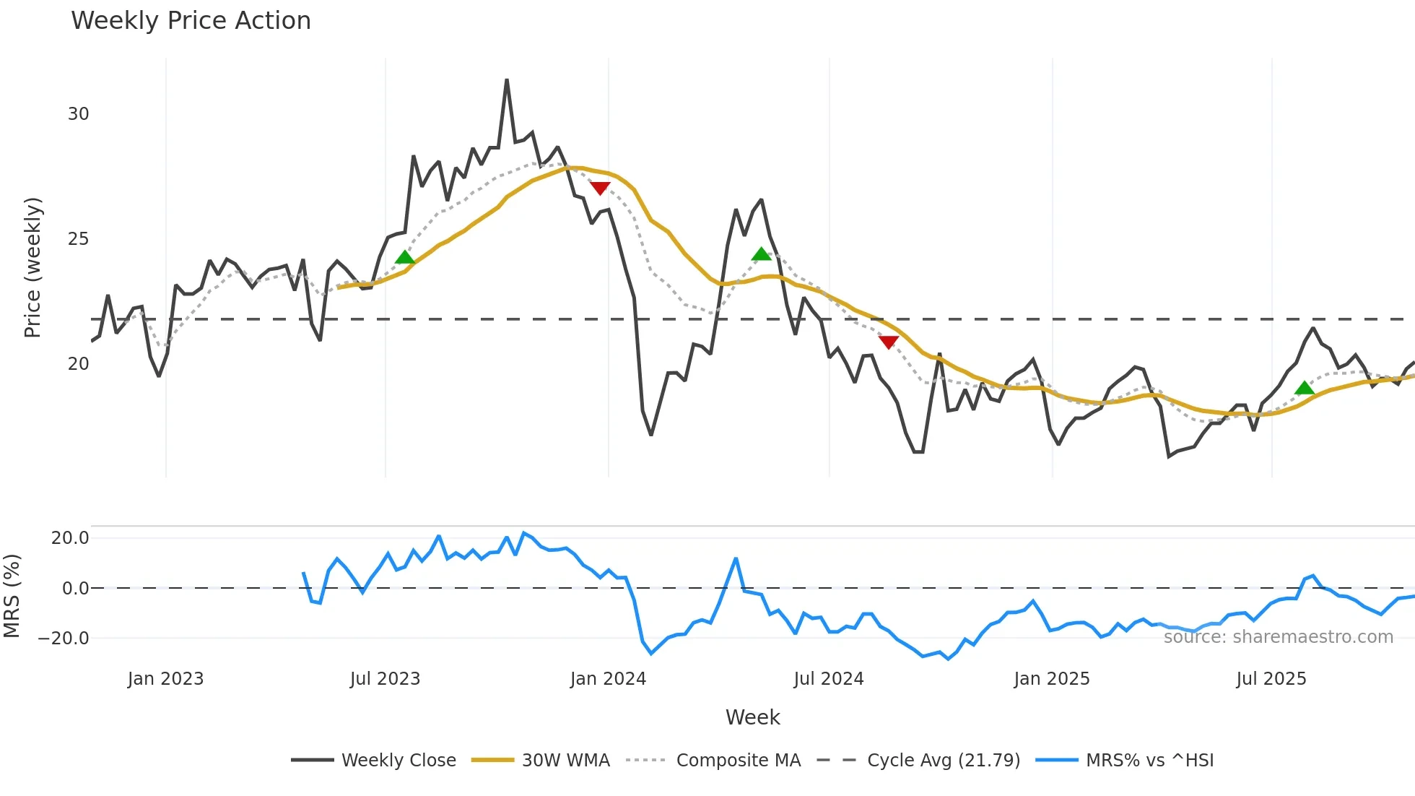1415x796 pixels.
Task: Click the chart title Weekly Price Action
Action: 191,21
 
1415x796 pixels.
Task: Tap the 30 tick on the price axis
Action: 78,114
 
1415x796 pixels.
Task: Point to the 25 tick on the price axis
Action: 78,239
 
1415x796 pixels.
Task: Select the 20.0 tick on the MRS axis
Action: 70,538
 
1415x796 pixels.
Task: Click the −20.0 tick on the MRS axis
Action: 64,639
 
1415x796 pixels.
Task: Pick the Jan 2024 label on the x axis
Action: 608,679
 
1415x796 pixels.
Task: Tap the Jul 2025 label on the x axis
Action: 1271,679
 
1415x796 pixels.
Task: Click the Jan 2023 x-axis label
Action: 165,679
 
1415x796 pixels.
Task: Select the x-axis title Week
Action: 752,717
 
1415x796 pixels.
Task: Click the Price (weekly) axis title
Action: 33,267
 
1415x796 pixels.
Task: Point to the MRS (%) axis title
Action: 12,596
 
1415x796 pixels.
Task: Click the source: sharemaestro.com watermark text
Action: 1278,637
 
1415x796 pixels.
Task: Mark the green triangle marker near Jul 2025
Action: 1304,389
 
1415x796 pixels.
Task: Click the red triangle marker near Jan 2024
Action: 600,188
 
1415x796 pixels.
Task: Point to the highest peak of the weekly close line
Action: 507,80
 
